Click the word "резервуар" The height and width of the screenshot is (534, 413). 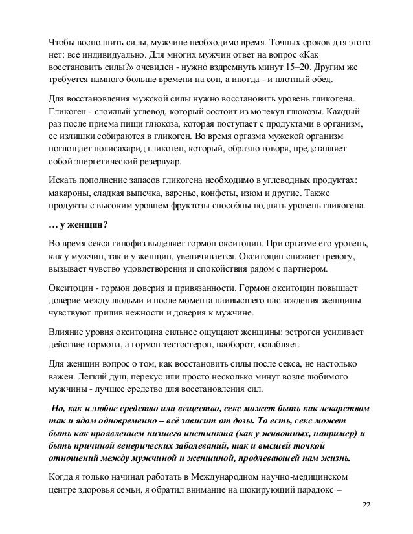pos(154,162)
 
